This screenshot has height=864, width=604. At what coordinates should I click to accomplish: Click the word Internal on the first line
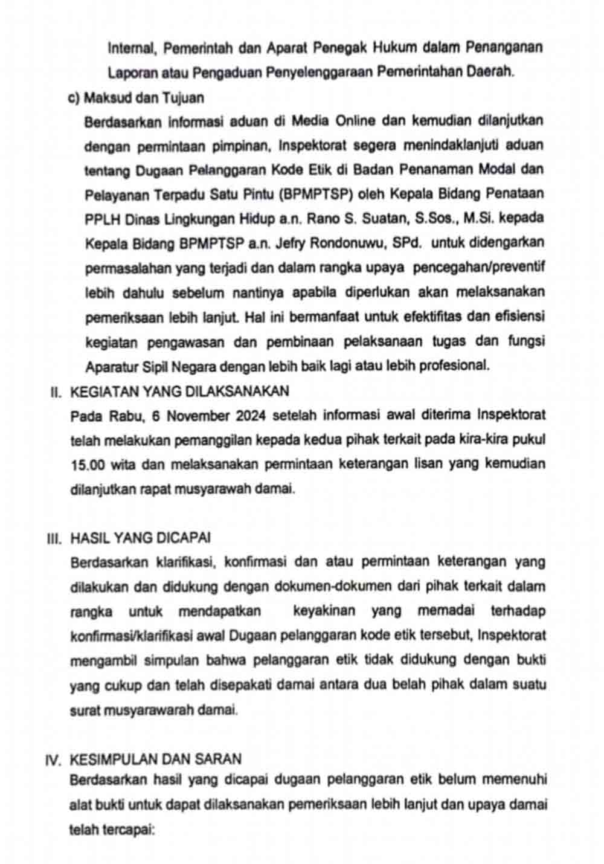(x=128, y=48)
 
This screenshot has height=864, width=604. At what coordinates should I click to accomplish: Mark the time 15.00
(x=85, y=465)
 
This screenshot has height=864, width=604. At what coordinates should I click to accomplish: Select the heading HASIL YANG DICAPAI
(x=141, y=538)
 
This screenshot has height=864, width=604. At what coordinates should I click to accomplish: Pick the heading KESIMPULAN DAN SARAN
(x=156, y=759)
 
